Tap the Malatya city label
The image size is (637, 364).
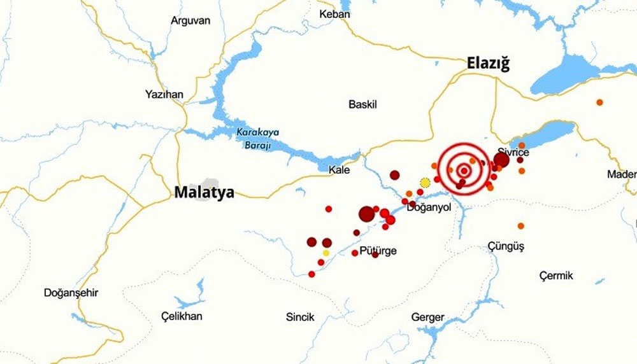pyautogui.click(x=204, y=193)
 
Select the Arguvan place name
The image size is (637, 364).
pyautogui.click(x=190, y=20)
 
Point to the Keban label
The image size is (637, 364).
pyautogui.click(x=334, y=14)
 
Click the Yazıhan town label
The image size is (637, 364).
pyautogui.click(x=164, y=95)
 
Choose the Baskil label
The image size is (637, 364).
pyautogui.click(x=363, y=104)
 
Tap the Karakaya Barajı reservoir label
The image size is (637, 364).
pyautogui.click(x=254, y=139)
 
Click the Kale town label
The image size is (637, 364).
pyautogui.click(x=339, y=170)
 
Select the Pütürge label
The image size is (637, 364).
pyautogui.click(x=378, y=251)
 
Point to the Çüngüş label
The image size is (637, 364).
pyautogui.click(x=506, y=246)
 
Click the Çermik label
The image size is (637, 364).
pyautogui.click(x=555, y=276)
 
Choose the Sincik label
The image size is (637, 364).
pyautogui.click(x=300, y=317)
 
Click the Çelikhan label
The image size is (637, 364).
pyautogui.click(x=182, y=316)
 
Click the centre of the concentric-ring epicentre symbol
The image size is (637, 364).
pyautogui.click(x=464, y=171)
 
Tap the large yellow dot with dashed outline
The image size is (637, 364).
pyautogui.click(x=426, y=183)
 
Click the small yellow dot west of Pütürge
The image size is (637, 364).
pyautogui.click(x=326, y=253)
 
